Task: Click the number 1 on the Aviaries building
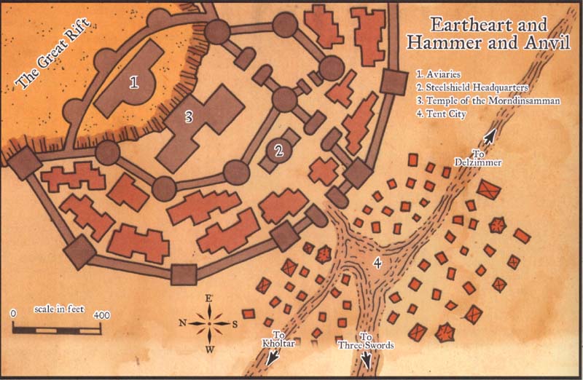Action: (134, 82)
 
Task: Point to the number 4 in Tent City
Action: (377, 262)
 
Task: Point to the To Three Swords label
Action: (366, 341)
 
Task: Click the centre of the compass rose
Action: (210, 322)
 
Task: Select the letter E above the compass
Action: (210, 298)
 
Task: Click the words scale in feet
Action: (59, 309)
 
